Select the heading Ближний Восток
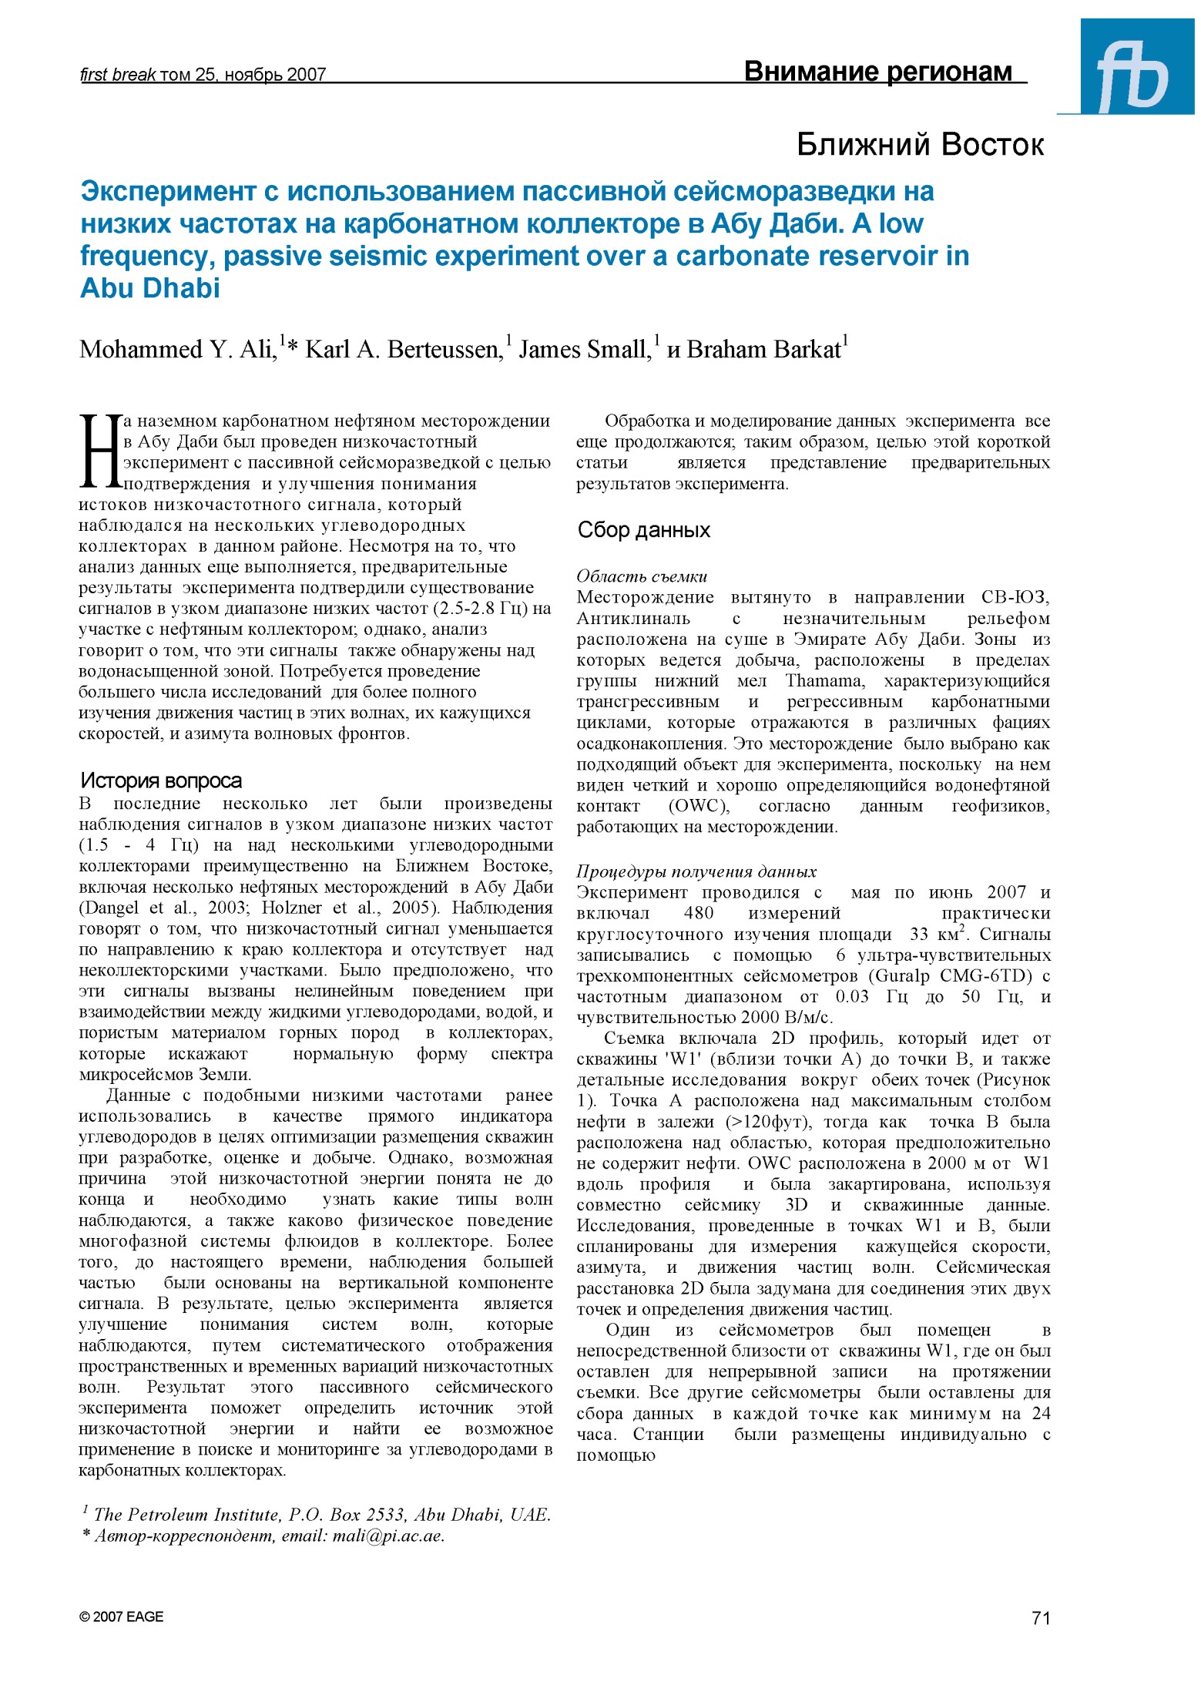point(920,145)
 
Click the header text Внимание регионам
point(877,72)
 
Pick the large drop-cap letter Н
point(99,452)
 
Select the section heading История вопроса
point(161,780)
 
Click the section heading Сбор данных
point(643,530)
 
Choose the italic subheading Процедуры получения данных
point(696,871)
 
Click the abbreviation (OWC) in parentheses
point(698,807)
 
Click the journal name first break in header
point(118,75)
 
